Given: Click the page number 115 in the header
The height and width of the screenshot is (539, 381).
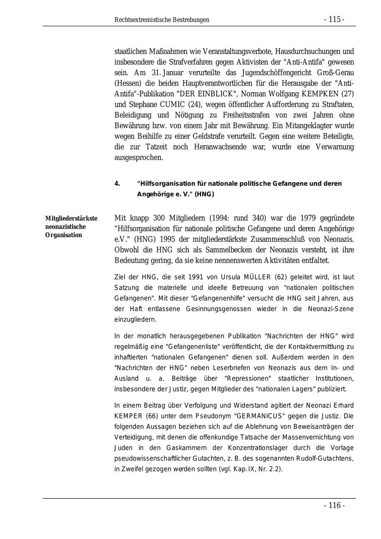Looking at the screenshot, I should tap(334, 19).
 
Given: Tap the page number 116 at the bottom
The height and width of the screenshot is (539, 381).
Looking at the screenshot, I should tap(334, 505).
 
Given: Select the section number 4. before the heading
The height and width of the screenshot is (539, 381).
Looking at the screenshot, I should tap(117, 183).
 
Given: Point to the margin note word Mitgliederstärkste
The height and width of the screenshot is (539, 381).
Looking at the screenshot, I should tap(71, 218).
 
